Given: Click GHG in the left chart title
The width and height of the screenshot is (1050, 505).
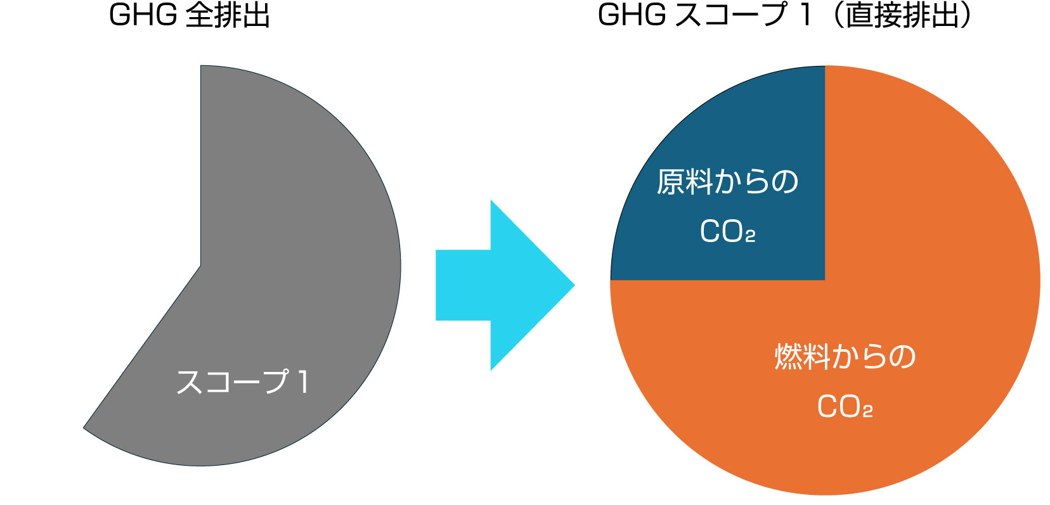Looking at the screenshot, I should coord(143,15).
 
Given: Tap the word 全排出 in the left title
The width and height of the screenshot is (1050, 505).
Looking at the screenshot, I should coord(228,15).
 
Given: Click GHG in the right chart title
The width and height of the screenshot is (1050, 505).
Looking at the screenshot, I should coord(632,15).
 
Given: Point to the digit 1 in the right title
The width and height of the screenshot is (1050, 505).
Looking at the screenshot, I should coord(806,15).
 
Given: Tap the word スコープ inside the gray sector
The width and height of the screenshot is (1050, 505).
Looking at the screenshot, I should coord(232,382).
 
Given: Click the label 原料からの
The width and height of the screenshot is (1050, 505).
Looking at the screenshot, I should coord(727,182).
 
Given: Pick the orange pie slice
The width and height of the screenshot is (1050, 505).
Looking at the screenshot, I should coord(919,253).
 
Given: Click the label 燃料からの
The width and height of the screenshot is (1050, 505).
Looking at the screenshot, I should coord(845,357).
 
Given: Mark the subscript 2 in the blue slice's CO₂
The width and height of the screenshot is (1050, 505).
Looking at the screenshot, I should coord(750,237).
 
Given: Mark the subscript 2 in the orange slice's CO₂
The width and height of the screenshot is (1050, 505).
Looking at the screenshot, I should coord(867,412).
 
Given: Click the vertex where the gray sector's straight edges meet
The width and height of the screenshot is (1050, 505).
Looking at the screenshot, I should coord(201,266).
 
